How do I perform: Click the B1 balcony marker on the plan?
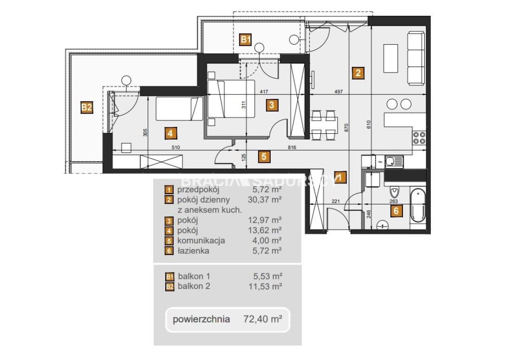(x=245, y=40)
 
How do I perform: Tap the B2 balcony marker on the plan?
(x=86, y=107)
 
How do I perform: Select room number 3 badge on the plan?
(x=272, y=105)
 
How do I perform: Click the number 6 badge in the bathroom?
(x=396, y=210)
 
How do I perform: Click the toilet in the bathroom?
(x=394, y=191)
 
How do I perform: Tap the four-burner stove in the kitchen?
(x=419, y=137)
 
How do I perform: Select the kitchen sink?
(x=393, y=162)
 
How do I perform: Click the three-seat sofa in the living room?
(x=416, y=58)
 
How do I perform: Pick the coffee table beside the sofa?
(x=391, y=58)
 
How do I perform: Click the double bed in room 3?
(x=231, y=99)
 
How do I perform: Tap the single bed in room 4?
(x=179, y=109)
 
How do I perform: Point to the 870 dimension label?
(x=346, y=128)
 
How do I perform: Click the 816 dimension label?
(x=291, y=148)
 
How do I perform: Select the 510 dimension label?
(x=176, y=148)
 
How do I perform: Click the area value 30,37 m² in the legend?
(x=265, y=200)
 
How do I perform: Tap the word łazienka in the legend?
(x=193, y=250)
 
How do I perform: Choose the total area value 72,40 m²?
(x=263, y=319)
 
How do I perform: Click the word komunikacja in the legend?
(x=201, y=240)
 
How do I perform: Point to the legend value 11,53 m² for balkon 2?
(x=266, y=286)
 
